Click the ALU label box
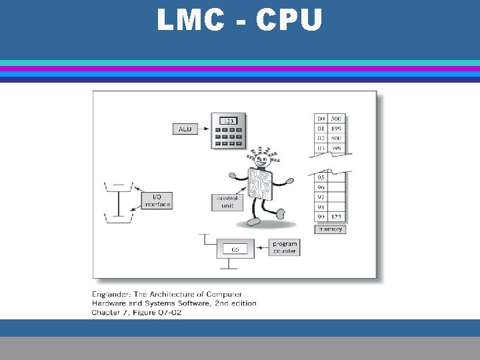(185, 129)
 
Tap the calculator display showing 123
(228, 121)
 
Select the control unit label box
(227, 202)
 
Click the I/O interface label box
(157, 200)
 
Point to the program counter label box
(285, 247)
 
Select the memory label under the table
(330, 229)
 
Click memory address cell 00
(322, 119)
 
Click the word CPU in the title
(288, 21)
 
